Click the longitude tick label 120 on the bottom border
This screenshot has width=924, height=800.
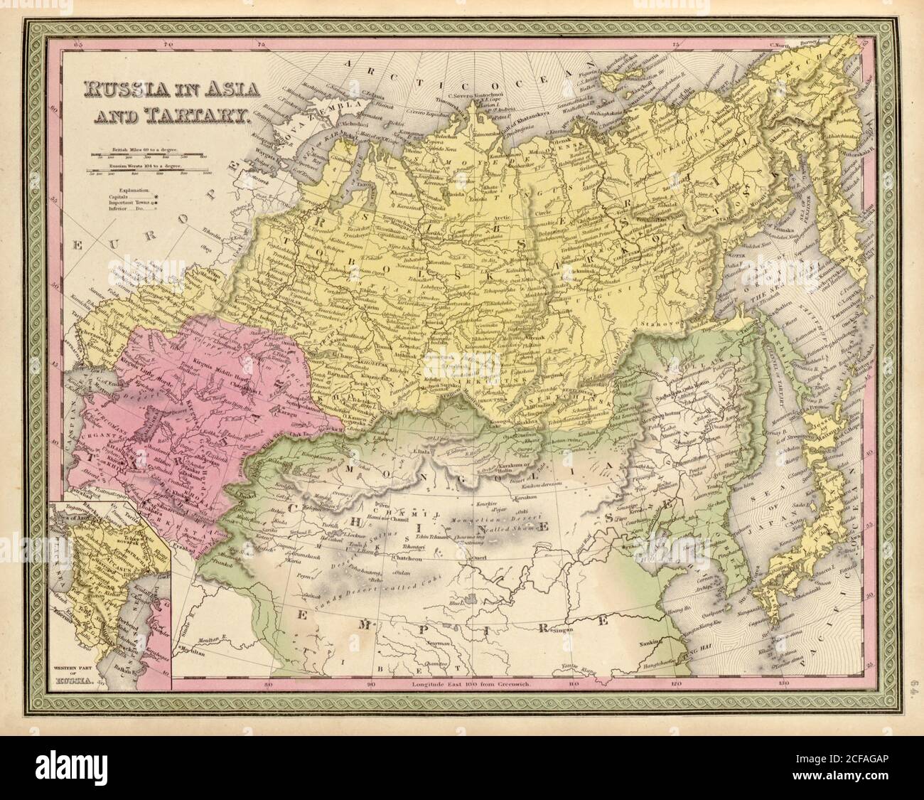pos(675,688)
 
